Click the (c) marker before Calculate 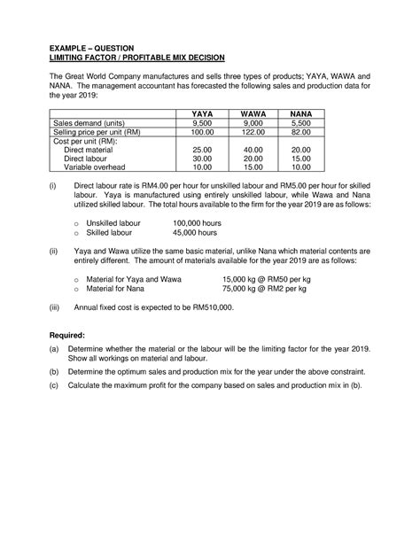(53, 387)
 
